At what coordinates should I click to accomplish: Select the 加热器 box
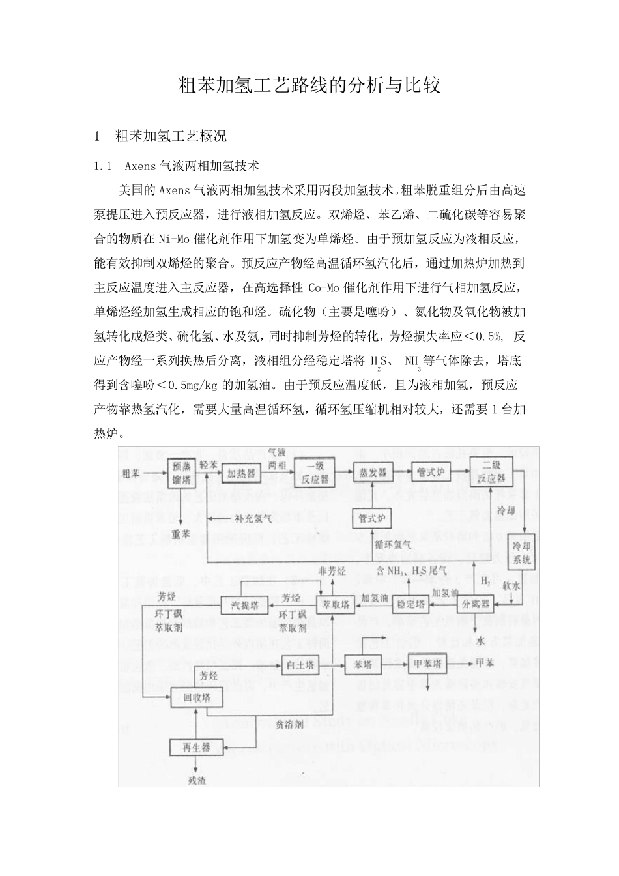[241, 474]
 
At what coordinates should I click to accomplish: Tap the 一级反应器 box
[313, 474]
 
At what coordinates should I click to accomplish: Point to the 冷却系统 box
[522, 553]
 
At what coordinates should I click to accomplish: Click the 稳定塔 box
[410, 604]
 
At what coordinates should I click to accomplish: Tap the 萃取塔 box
[336, 604]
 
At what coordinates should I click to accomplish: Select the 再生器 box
[196, 748]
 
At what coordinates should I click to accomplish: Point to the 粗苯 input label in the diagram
[131, 473]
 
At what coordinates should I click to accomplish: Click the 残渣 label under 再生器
[197, 780]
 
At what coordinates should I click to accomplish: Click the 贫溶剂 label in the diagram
[289, 724]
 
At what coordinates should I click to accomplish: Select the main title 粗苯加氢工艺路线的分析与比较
[309, 85]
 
